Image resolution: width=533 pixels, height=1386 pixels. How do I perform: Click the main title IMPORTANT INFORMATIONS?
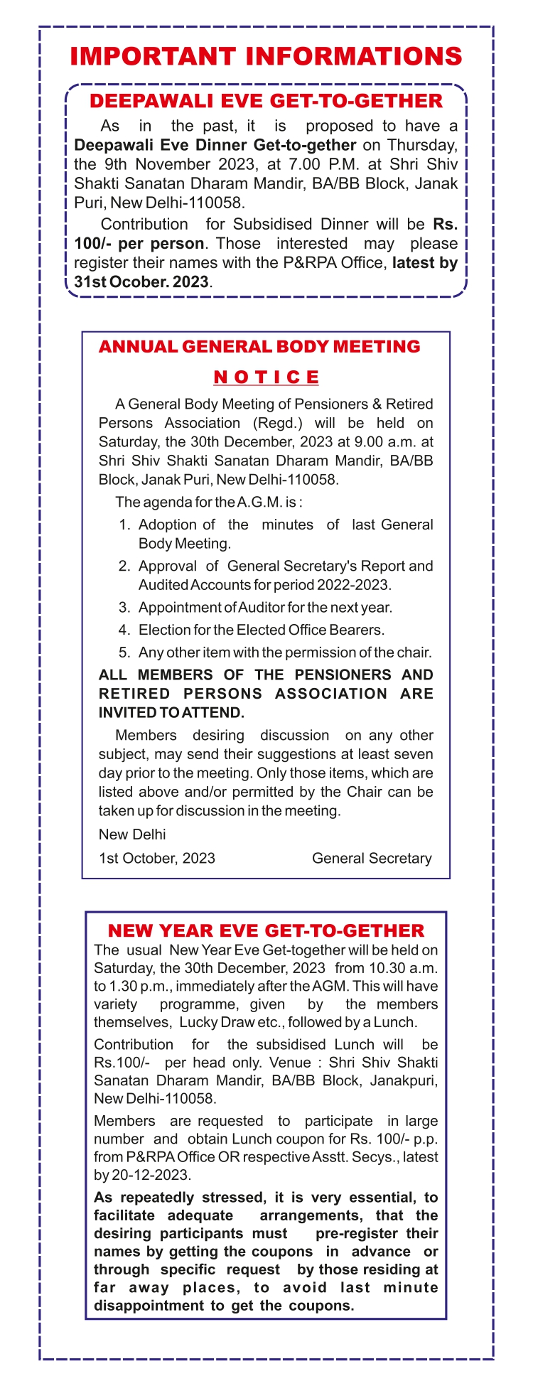coord(266,57)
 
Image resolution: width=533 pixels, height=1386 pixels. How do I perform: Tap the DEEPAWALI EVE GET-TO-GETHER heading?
coord(266,101)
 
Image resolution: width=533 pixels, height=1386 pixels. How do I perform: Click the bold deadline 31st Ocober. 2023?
coord(141,281)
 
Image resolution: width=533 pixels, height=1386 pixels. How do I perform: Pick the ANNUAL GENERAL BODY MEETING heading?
coord(259,347)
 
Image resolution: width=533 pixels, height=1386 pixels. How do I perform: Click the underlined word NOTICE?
coord(266,377)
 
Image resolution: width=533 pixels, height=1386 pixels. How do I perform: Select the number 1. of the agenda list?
coord(125,525)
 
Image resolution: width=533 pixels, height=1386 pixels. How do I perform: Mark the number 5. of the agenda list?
coord(125,652)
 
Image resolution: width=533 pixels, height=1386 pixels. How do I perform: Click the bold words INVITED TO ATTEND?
coord(171,713)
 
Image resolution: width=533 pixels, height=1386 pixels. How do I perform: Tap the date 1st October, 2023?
coord(157,859)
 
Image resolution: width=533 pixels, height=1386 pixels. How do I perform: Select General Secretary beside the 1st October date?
coord(372,859)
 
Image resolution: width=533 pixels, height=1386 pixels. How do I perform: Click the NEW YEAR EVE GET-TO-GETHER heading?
coord(266,930)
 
